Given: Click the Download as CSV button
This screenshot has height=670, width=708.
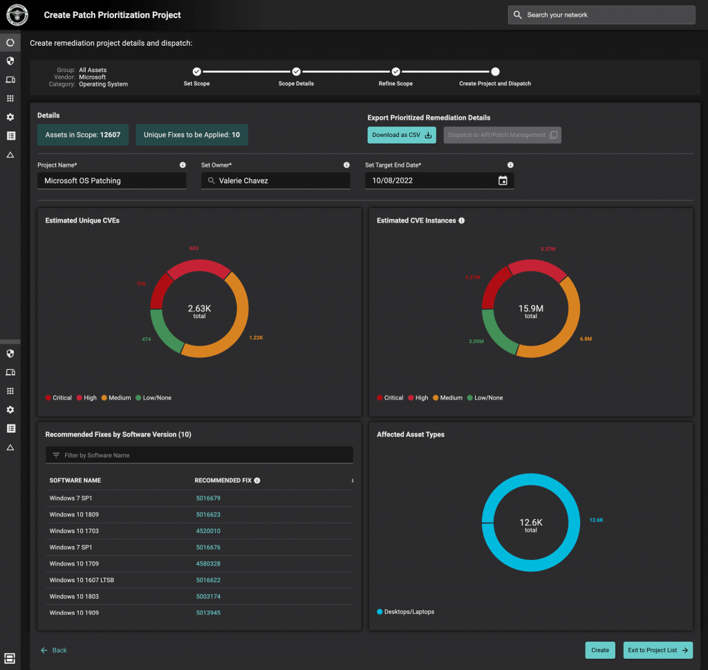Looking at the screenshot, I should point(402,135).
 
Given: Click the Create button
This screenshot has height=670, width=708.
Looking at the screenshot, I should point(599,650).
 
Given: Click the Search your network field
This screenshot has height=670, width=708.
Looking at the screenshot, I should point(602,15).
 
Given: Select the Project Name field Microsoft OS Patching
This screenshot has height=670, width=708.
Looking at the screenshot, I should point(111,180).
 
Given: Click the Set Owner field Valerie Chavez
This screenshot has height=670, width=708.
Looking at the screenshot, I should point(275,180).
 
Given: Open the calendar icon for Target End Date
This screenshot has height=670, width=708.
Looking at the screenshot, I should point(503,180).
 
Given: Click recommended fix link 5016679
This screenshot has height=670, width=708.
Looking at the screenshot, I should point(208,499).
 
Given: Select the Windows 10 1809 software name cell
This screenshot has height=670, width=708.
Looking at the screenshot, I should point(74,515).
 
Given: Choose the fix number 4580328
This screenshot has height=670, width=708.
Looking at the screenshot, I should point(208,564).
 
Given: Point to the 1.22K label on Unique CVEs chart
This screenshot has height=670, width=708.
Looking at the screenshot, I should point(257,337).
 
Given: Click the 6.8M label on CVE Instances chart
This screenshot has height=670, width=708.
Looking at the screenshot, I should point(586,339).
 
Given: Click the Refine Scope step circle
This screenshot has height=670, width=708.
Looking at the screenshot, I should point(395,71).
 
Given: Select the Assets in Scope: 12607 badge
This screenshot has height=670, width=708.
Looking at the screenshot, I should point(82,135).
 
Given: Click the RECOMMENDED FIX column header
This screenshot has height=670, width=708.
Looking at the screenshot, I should point(223,481).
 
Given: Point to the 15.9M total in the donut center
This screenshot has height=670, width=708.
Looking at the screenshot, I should point(531,311).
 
